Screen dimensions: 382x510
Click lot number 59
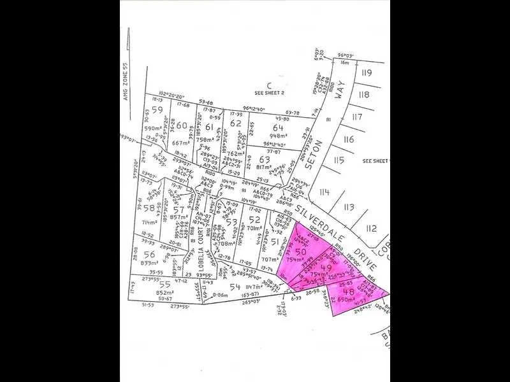coord(157,110)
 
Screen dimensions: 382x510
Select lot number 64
coord(277,127)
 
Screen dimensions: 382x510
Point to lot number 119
coord(366,73)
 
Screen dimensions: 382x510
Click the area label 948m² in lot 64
coord(279,136)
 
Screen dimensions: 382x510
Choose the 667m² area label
coord(181,143)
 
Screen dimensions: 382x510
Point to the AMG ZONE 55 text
coord(126,81)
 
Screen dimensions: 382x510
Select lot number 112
coord(372,229)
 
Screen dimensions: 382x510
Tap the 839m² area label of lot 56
coord(149,262)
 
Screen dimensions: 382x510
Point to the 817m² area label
coord(263,167)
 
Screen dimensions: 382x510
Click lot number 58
coord(149,208)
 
